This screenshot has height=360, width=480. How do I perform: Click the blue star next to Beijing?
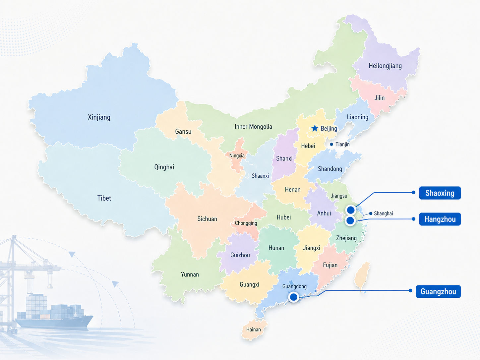click(315, 128)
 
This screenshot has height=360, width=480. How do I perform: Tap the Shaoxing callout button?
click(440, 193)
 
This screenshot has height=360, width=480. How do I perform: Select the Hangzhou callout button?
click(440, 219)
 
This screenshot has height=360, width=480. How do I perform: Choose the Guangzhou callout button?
click(438, 291)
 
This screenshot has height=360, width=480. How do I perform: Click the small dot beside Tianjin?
click(331, 144)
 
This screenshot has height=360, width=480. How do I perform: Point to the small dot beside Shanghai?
click(371, 213)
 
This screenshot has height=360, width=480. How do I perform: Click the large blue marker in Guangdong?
click(293, 297)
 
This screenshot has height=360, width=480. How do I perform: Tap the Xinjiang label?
click(99, 117)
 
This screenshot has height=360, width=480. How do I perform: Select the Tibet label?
click(104, 198)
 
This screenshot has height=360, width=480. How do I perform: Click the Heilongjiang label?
click(385, 66)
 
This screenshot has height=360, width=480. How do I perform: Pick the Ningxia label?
click(237, 155)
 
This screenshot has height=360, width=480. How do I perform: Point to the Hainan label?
click(253, 330)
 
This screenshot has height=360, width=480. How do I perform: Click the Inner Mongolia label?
click(253, 127)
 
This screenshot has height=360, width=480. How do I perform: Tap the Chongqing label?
click(246, 223)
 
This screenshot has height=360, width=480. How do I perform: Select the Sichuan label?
click(207, 219)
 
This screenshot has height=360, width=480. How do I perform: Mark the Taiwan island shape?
click(362, 275)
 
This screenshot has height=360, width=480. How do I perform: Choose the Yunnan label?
click(190, 274)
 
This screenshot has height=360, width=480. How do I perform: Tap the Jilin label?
click(379, 98)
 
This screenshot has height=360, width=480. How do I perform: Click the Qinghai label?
click(164, 167)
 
